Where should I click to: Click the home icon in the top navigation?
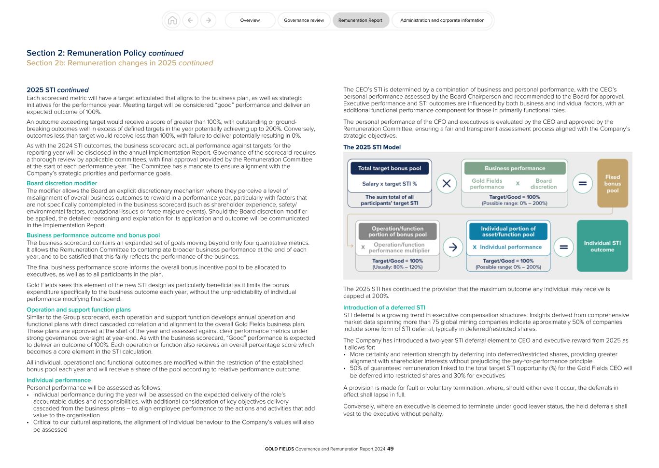(x=172, y=20)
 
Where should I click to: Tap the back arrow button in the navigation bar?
(x=190, y=20)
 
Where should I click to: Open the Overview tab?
(x=250, y=20)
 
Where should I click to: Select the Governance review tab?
(x=304, y=20)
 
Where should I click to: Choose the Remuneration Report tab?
(x=360, y=20)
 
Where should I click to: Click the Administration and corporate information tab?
(x=442, y=20)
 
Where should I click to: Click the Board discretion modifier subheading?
(x=62, y=183)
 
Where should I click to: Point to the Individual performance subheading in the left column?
(x=58, y=380)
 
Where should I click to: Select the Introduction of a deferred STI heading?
(x=384, y=307)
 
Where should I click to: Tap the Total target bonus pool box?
(x=390, y=168)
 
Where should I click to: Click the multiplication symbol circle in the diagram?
(x=447, y=184)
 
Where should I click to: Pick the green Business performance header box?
(x=515, y=168)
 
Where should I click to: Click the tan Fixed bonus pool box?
(x=613, y=184)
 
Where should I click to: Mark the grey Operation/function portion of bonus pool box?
(x=397, y=232)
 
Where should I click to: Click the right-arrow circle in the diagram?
(x=453, y=247)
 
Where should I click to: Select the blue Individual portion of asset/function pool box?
(x=508, y=232)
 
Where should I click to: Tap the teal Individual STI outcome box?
(x=602, y=246)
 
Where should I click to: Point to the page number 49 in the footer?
(x=391, y=449)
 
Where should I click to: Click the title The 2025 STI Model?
(x=372, y=147)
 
